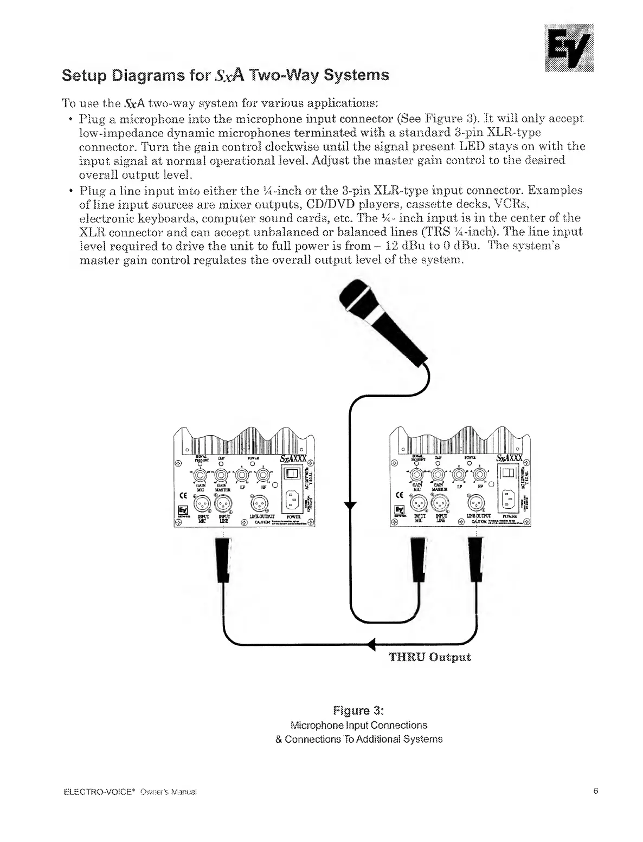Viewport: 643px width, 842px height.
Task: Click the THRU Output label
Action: [x=429, y=657]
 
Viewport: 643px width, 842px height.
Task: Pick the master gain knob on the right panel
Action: [x=438, y=475]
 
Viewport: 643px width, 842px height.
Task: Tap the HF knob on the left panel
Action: [x=263, y=475]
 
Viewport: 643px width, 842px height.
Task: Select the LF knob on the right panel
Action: [x=459, y=475]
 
